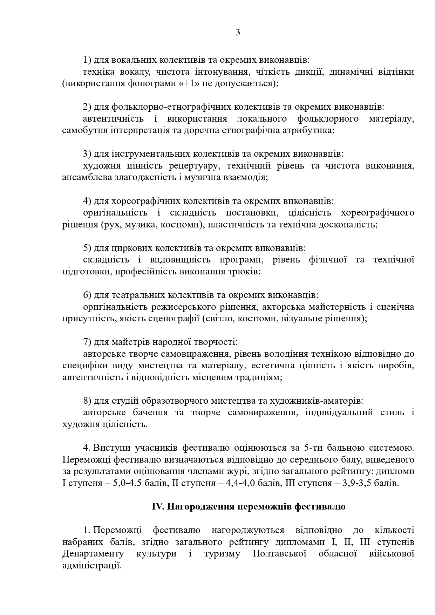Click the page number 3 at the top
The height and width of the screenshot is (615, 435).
pyautogui.click(x=238, y=33)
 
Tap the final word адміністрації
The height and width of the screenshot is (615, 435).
pyautogui.click(x=91, y=566)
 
